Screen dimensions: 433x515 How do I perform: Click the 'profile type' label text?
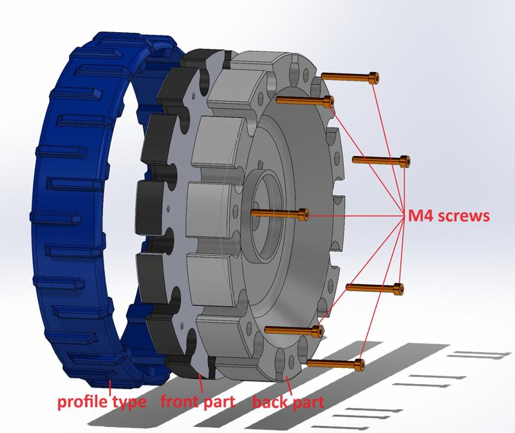102,403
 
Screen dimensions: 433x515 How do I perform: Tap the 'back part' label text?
288,403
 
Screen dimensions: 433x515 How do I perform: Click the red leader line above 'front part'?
203,384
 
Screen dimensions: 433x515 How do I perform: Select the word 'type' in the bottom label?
131,405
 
